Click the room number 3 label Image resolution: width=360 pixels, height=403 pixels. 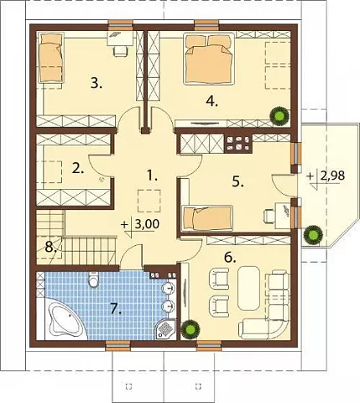(x=97, y=83)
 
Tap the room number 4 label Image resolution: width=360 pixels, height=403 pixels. (x=211, y=101)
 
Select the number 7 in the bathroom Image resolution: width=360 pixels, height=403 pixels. (x=116, y=308)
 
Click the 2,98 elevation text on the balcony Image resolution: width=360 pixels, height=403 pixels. (x=332, y=176)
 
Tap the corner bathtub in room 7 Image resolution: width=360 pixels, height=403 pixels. (x=66, y=320)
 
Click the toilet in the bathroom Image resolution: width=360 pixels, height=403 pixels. (x=93, y=279)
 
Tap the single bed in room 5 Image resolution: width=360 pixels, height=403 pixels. (x=207, y=218)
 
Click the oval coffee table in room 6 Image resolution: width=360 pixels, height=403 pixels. (x=248, y=287)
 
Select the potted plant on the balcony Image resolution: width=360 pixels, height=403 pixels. (x=313, y=234)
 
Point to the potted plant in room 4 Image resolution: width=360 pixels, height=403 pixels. (x=279, y=116)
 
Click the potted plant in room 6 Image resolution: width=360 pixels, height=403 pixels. (x=190, y=329)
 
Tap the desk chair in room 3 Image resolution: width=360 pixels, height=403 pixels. (x=120, y=51)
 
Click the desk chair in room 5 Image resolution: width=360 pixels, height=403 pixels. (x=269, y=216)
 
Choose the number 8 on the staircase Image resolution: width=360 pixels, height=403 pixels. (x=50, y=248)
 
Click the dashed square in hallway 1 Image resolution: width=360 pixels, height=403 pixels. (x=149, y=201)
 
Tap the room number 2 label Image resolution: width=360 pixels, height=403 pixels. (x=77, y=169)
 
